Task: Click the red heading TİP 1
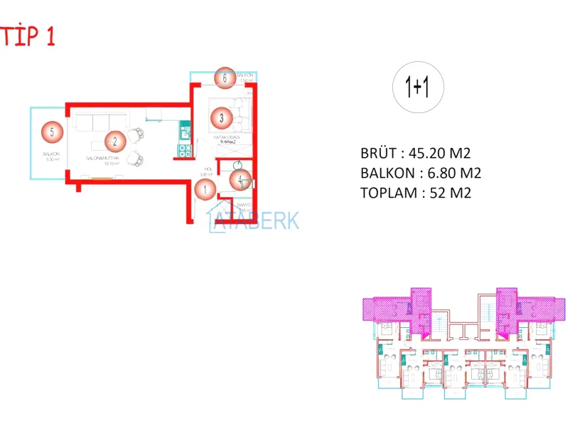28,36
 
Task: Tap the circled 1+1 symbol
419,88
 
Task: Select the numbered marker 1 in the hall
205,189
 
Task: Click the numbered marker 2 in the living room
115,142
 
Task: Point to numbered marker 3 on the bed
222,118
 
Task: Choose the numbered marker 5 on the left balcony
52,132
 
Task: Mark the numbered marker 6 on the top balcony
225,78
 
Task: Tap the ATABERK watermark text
254,221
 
